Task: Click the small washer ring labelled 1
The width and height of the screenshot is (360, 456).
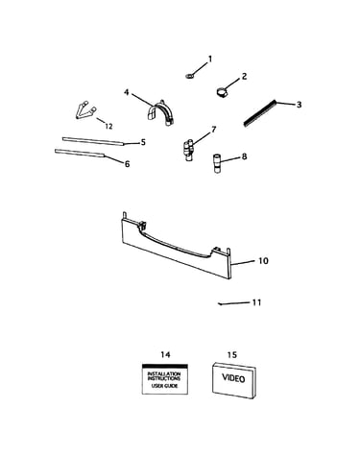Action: [189, 76]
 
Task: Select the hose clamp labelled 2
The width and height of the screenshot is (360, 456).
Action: [220, 92]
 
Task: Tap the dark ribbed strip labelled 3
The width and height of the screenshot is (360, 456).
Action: [260, 113]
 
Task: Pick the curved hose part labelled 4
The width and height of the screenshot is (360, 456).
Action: [160, 112]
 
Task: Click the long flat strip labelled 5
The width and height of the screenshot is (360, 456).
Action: [92, 141]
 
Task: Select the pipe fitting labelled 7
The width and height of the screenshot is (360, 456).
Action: [188, 150]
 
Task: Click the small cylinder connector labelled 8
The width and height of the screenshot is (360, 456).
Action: [217, 163]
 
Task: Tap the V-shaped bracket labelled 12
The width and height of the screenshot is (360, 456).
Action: [85, 110]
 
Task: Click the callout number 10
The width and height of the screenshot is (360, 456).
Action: [263, 261]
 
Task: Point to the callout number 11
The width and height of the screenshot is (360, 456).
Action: [257, 302]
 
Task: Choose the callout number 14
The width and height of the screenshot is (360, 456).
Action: [165, 354]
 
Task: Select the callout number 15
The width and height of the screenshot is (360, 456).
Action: [232, 354]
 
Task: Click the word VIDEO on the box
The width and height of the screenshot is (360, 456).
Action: [233, 378]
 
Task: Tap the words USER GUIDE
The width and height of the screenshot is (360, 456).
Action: [165, 386]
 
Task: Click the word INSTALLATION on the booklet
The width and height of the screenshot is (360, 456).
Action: [164, 373]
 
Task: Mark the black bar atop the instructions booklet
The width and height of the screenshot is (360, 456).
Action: [165, 366]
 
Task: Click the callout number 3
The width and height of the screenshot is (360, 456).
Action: [299, 105]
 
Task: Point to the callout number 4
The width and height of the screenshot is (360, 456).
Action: [127, 92]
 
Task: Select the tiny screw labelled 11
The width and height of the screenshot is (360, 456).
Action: [220, 304]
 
